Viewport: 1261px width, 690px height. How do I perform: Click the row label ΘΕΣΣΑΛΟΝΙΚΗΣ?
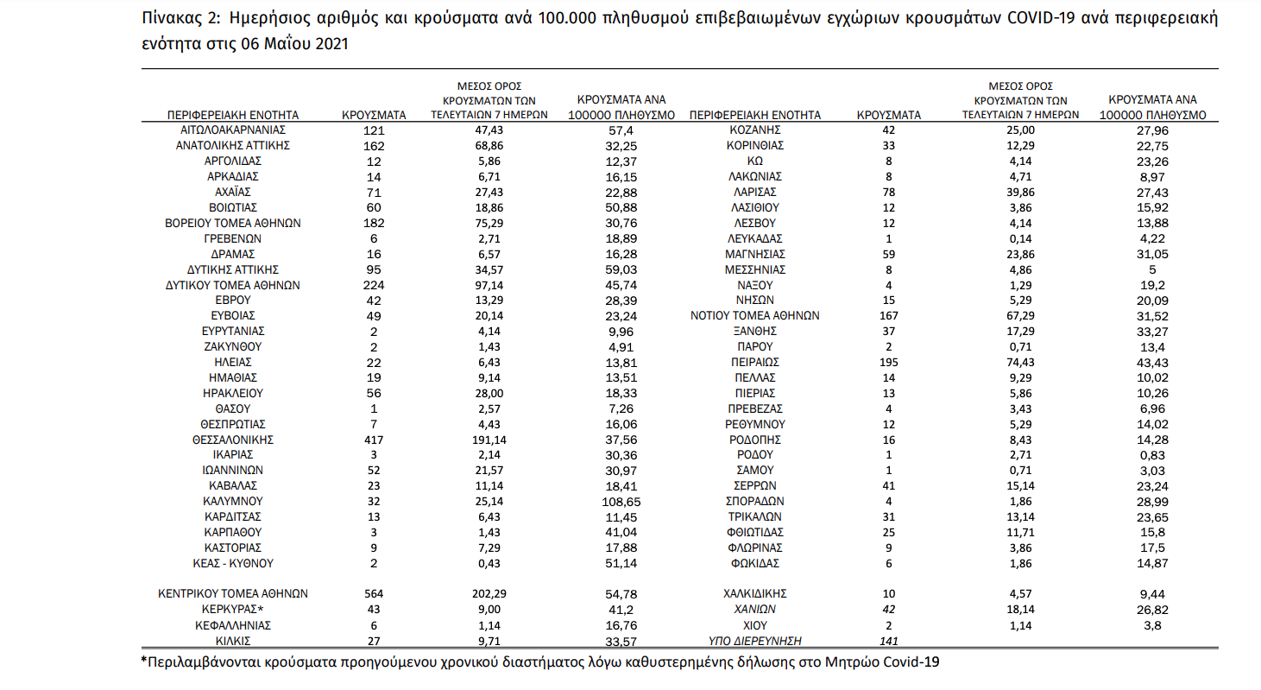232,440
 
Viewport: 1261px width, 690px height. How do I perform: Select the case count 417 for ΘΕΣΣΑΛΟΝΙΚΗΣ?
374,440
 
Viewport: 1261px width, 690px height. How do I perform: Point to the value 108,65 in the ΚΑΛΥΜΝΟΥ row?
621,501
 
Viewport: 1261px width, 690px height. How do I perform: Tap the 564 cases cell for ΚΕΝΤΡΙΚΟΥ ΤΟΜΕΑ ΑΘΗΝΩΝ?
374,593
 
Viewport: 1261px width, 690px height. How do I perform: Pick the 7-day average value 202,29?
489,593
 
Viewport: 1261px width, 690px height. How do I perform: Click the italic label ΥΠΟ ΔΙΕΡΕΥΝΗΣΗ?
755,641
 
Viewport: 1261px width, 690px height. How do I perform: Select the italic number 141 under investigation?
888,641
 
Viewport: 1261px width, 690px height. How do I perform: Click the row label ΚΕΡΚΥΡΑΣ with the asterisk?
232,610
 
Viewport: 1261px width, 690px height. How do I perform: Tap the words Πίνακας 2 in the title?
180,19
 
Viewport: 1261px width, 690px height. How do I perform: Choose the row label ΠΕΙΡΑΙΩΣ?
755,362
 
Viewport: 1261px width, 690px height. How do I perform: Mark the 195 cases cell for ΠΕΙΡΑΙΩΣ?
888,363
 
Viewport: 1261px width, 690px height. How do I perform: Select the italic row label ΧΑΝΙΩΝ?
755,610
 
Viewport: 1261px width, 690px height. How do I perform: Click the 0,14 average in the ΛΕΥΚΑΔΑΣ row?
1020,239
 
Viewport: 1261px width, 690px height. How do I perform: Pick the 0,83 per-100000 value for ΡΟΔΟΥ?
1152,455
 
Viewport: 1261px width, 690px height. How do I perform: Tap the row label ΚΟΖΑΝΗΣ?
755,130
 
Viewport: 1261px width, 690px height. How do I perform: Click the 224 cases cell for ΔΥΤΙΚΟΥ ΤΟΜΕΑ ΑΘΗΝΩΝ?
374,285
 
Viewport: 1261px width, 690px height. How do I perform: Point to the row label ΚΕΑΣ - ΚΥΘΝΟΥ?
232,563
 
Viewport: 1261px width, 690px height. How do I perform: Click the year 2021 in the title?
331,44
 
